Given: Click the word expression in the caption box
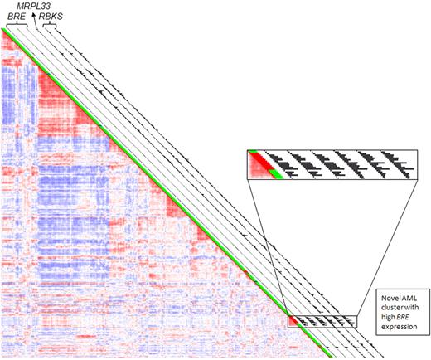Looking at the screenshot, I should [381, 328].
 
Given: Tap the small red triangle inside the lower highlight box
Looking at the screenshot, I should [293, 320].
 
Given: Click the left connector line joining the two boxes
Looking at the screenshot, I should [268, 248].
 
